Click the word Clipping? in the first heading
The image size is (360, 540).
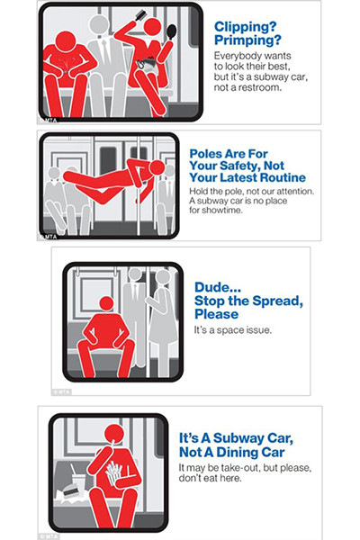tap(245, 27)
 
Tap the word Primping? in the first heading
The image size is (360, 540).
tap(247, 40)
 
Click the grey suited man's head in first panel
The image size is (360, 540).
tap(98, 25)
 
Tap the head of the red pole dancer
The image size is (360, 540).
tap(157, 167)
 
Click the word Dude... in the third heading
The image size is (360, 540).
tap(218, 288)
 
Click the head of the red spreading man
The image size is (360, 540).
tap(106, 304)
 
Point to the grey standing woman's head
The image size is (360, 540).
tap(163, 277)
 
